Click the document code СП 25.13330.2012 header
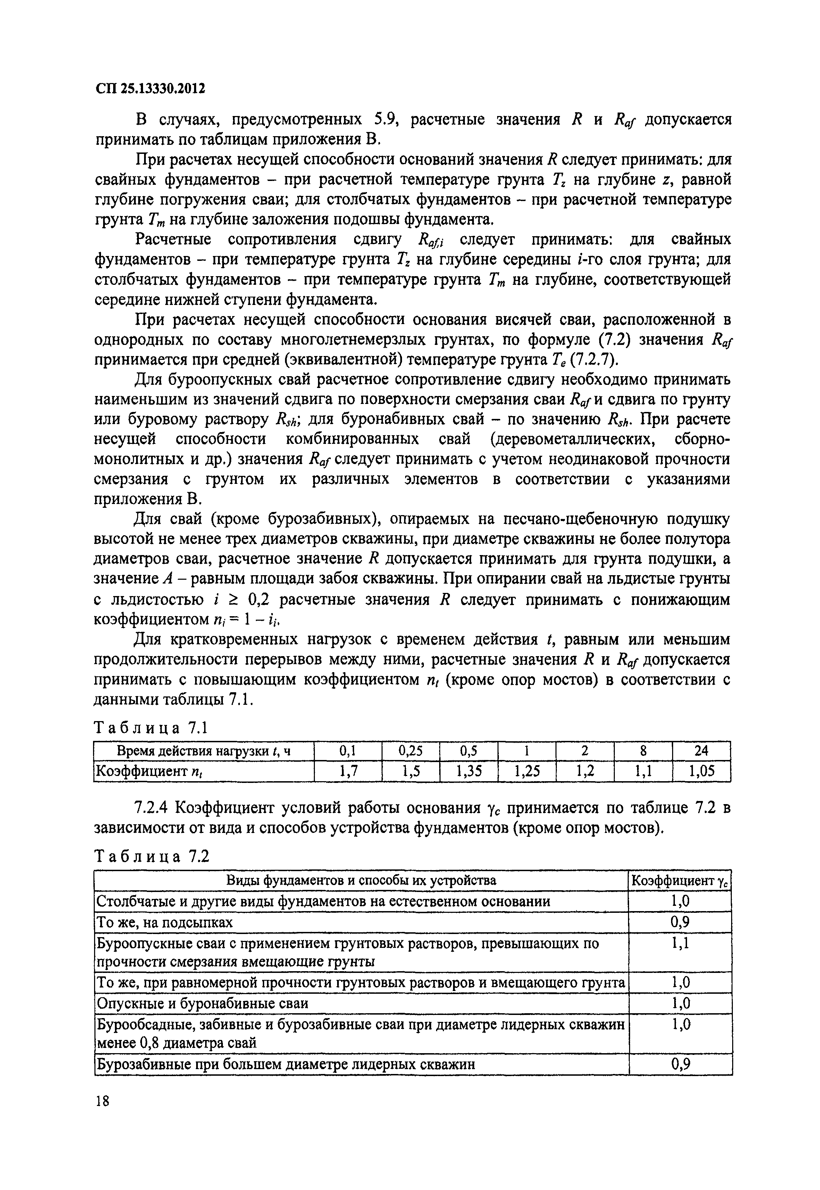coord(150,89)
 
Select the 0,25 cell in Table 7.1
coord(410,751)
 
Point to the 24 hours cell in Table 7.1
coord(701,751)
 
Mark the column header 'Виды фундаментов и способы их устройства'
coord(361,881)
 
